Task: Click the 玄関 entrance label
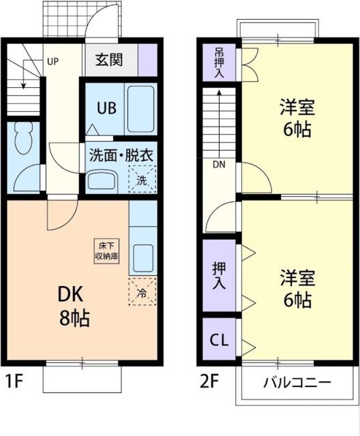click(109, 60)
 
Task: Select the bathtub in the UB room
click(142, 109)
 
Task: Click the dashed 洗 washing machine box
click(142, 180)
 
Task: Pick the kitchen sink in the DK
click(143, 258)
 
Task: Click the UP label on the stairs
click(53, 61)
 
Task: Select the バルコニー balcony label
click(297, 381)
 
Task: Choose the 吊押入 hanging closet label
click(219, 63)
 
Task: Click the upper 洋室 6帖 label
click(297, 119)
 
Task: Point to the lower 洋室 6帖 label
click(297, 287)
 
